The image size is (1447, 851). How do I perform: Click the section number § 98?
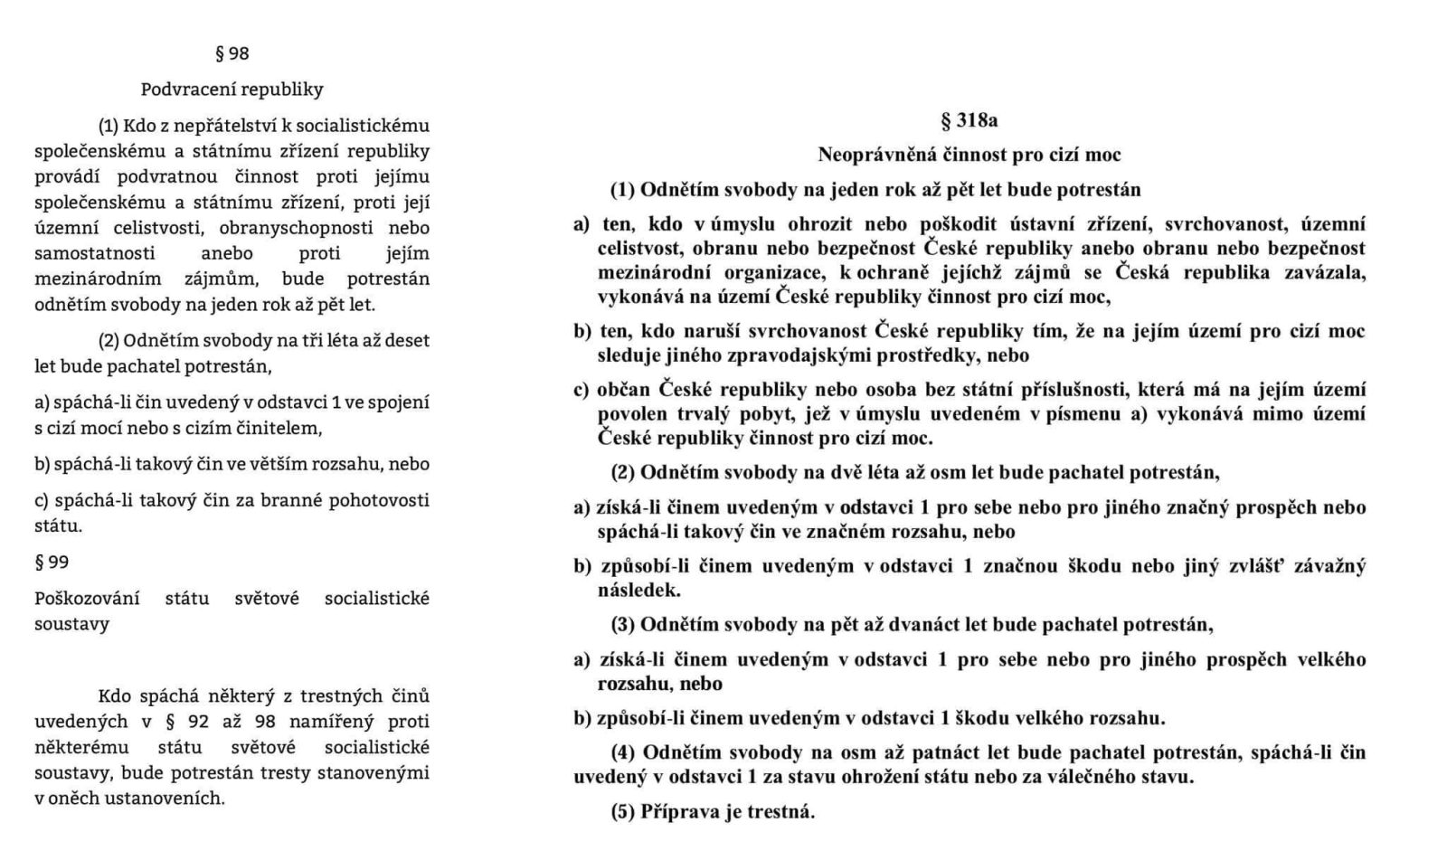click(232, 53)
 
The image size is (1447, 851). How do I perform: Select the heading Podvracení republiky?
click(232, 90)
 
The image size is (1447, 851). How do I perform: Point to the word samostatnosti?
click(95, 253)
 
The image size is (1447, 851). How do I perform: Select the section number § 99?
click(52, 562)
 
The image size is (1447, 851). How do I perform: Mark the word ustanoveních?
click(170, 798)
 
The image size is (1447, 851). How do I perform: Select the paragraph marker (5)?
click(623, 811)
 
